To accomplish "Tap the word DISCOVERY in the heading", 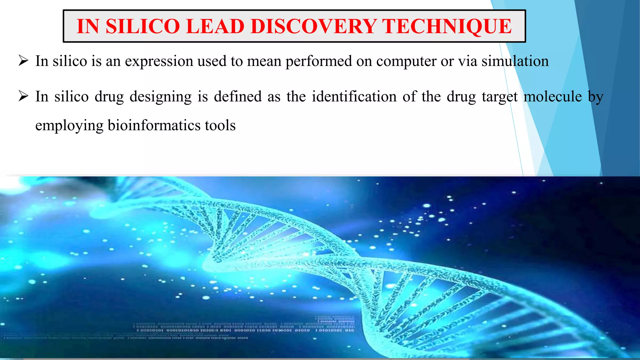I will (313, 26).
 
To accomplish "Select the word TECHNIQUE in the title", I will (447, 26).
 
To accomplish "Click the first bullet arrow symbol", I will (23, 60).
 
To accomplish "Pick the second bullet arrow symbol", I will (23, 96).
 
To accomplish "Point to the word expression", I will (159, 61).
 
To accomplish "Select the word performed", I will (318, 61).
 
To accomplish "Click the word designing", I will (161, 97).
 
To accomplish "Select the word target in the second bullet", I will (500, 97).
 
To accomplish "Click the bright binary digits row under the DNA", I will (245, 330).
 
